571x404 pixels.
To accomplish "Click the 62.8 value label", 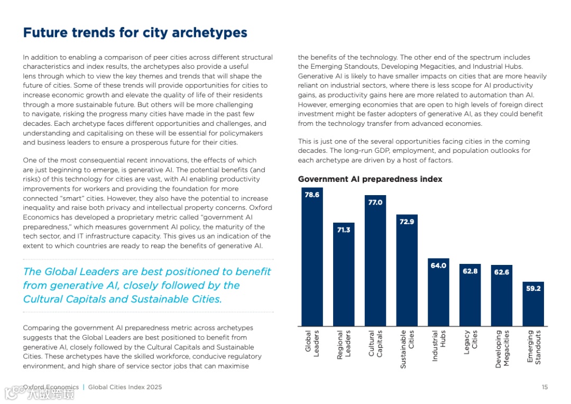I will (470, 271).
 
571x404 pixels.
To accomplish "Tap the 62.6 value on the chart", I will (501, 272).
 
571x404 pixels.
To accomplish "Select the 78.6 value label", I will (312, 195).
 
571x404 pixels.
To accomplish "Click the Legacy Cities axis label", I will (470, 343).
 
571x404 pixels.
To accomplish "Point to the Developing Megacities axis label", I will (501, 349).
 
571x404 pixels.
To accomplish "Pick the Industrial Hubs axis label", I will (438, 346).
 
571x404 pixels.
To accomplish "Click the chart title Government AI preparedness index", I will (370, 179).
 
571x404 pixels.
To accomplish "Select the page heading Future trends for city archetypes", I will (135, 33).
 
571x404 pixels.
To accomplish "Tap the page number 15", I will (545, 387).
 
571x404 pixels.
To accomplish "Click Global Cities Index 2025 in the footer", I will (125, 387).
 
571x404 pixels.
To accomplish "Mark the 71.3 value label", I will (344, 230).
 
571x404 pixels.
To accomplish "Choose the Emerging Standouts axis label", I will (533, 347).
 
